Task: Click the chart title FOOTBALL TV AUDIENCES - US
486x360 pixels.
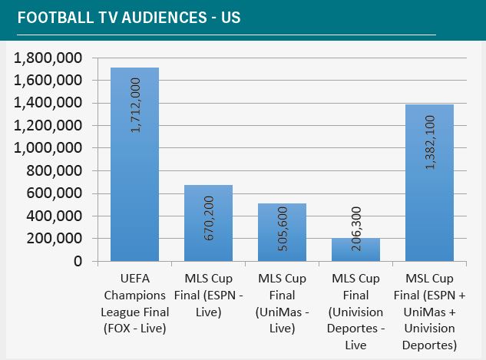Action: [x=128, y=17]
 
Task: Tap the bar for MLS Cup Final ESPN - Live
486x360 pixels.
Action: [x=208, y=230]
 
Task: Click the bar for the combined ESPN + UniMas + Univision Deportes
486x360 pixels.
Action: [x=429, y=192]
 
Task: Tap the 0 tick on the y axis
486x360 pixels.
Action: [x=78, y=261]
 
